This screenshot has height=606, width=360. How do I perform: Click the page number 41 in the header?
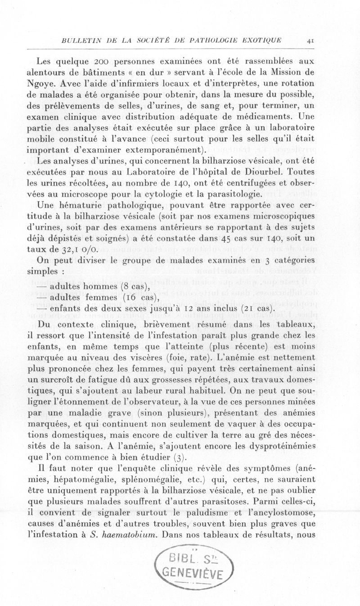(310, 40)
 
